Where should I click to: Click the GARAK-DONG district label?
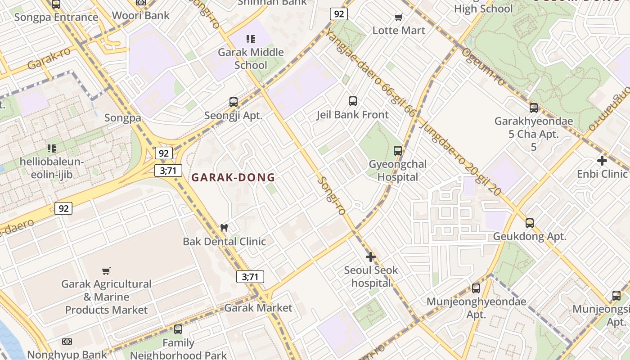(x=233, y=177)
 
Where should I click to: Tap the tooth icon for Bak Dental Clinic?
(x=224, y=228)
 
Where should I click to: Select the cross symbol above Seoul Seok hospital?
(x=371, y=257)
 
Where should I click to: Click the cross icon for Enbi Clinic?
(x=602, y=160)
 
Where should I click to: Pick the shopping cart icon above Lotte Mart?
(x=399, y=18)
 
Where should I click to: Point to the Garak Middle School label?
(x=251, y=58)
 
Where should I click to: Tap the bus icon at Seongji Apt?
(x=233, y=102)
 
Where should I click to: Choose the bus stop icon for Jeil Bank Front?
(x=353, y=101)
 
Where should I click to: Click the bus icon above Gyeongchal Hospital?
(x=398, y=150)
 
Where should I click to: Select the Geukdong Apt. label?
(x=530, y=236)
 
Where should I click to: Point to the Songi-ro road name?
(x=332, y=195)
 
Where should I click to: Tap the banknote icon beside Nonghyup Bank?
(x=67, y=342)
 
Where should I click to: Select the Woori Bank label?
(x=141, y=15)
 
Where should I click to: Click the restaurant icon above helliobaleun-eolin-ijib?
(x=52, y=148)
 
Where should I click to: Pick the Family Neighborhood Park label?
(x=178, y=349)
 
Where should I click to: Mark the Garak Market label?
(x=258, y=308)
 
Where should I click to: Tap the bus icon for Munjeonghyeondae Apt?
(x=476, y=288)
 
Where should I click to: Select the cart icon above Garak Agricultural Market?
(x=106, y=271)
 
